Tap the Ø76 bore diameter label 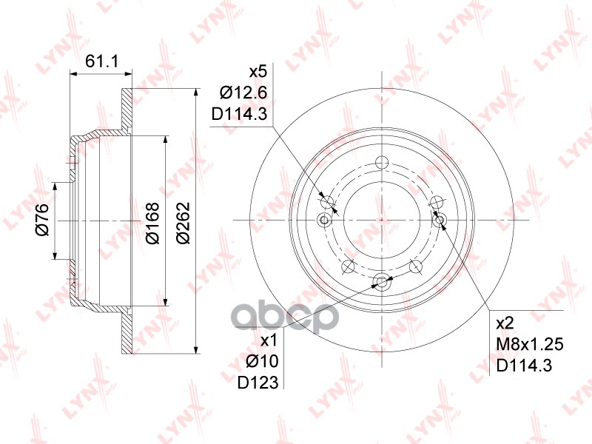coord(42,219)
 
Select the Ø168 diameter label coord(152,223)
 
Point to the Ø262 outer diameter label coord(183,223)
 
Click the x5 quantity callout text coord(258,72)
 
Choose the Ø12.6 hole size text coord(244,92)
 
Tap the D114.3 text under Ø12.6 coord(239,113)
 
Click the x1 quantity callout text coord(269,341)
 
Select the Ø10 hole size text coord(262,362)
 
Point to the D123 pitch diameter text coord(258,383)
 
